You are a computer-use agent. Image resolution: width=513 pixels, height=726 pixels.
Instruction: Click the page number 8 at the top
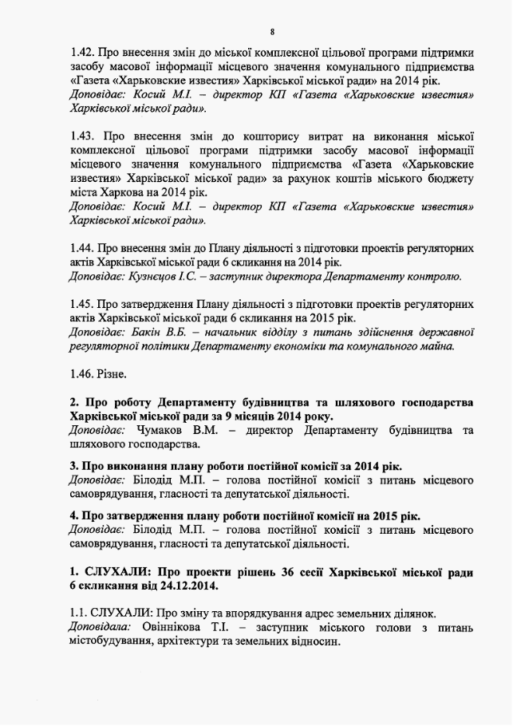click(272, 32)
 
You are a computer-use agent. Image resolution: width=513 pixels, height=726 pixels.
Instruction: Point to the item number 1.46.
click(82, 373)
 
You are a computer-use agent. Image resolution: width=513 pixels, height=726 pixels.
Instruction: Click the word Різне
click(112, 373)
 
